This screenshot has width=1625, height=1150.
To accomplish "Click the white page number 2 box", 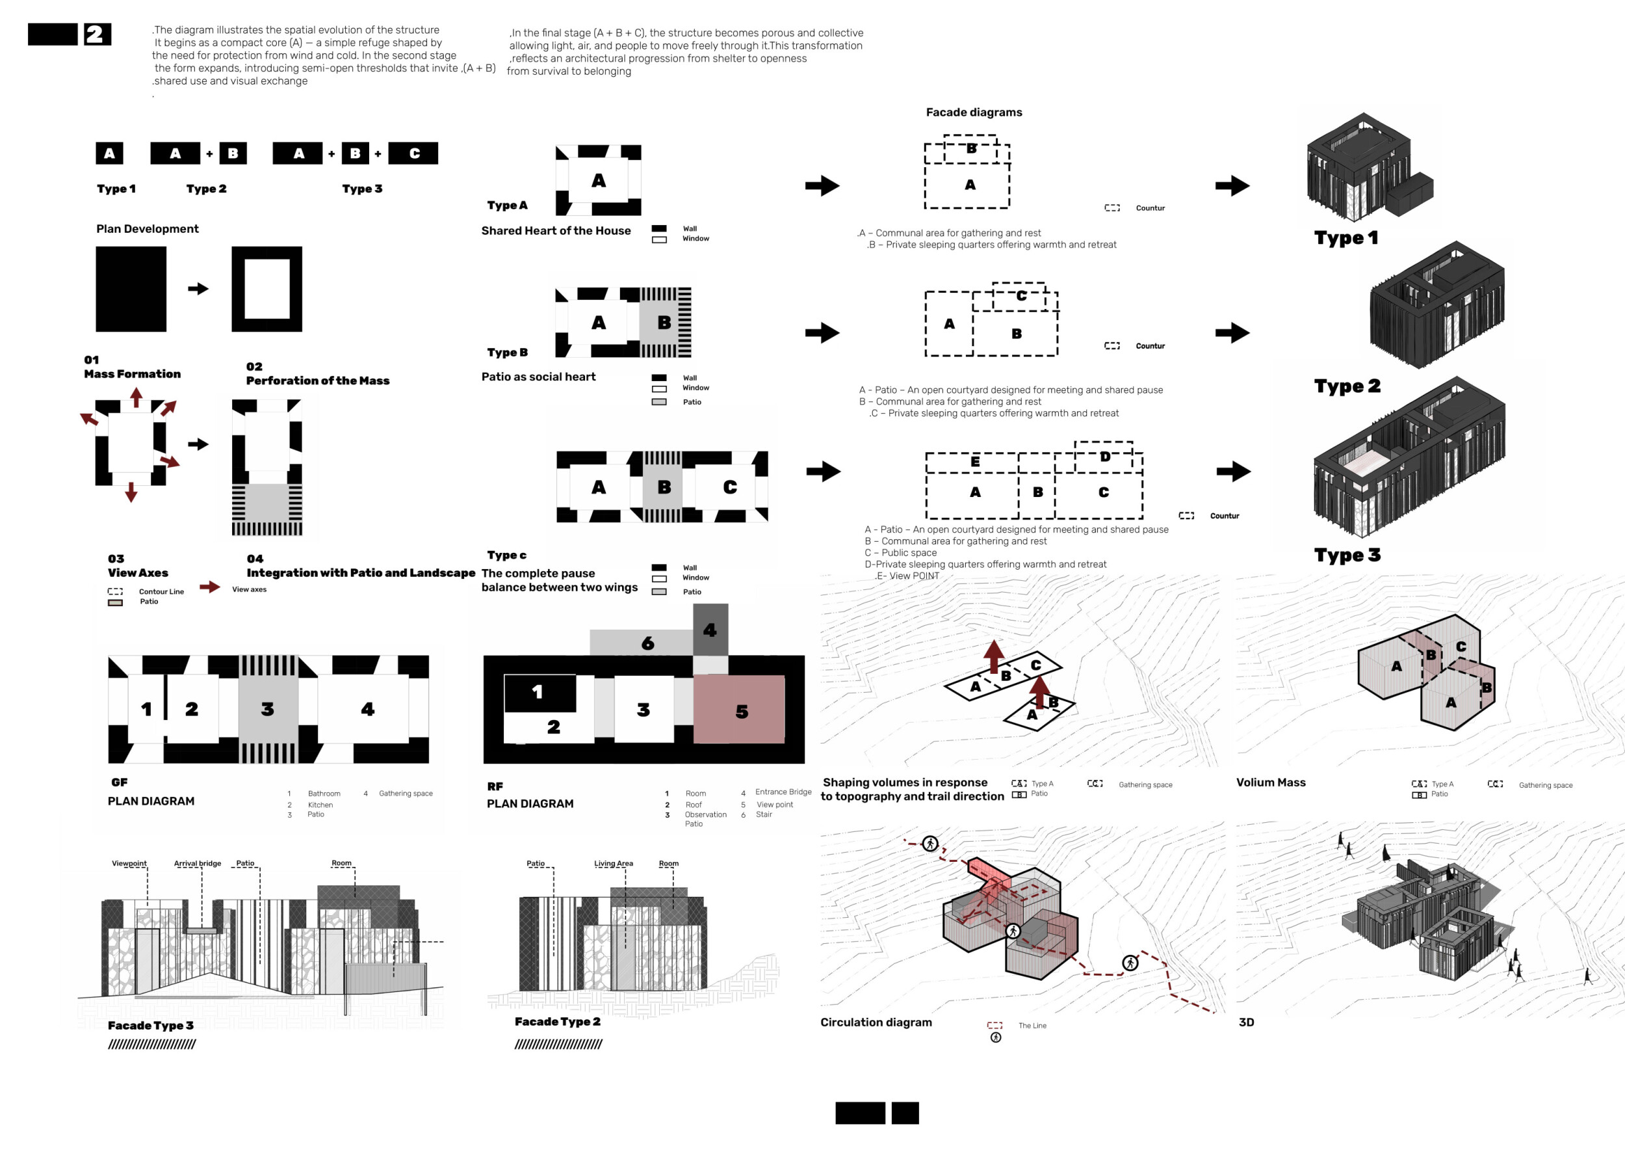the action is pos(97,34).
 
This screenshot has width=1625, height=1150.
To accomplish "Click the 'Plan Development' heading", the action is pos(147,229).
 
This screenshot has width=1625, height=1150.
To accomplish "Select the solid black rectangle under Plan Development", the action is pos(131,289).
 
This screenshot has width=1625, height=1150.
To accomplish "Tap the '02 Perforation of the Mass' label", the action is pos(318,374).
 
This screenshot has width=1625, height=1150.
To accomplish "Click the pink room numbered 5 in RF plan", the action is pos(739,709).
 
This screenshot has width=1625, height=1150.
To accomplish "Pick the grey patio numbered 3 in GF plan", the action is pos(268,709).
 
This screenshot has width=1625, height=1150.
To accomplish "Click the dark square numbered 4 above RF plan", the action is pos(710,630).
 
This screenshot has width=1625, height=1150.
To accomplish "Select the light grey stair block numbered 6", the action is pos(641,642).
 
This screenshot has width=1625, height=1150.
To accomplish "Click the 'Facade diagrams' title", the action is pos(974,112).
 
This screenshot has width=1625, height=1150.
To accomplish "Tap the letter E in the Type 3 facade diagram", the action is pos(975,462).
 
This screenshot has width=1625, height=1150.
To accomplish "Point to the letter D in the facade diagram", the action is pos(1106,457).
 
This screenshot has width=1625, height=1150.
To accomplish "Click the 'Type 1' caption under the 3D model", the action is pos(1346,238).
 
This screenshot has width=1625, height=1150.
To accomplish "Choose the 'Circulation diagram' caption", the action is pos(876,1022).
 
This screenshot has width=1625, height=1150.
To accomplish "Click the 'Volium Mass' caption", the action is pos(1271,782).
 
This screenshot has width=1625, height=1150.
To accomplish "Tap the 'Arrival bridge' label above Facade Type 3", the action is pos(198,863).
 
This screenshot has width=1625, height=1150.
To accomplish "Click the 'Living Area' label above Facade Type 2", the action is pos(614,863).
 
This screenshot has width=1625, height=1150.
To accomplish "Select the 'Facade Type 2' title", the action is pos(558,1021).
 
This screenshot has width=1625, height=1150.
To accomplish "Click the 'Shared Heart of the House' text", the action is pos(556,231).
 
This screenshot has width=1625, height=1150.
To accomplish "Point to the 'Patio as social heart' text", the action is pos(539,377).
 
